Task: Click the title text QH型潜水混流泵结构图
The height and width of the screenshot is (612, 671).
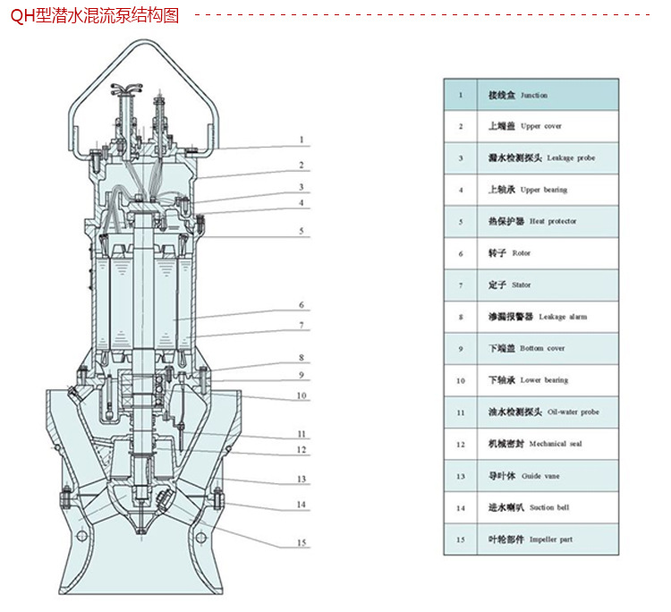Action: click(97, 16)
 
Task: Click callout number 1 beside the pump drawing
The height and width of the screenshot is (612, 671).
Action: click(302, 140)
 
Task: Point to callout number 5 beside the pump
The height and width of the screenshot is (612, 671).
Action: click(302, 231)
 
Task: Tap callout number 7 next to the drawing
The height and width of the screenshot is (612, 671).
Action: click(302, 326)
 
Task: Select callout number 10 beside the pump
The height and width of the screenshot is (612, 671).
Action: click(302, 395)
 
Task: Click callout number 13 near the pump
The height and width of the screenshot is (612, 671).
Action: click(302, 480)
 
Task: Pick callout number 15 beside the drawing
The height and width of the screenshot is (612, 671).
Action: click(302, 543)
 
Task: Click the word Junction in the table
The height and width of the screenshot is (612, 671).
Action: click(533, 95)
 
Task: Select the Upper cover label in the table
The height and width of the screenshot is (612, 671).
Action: click(540, 126)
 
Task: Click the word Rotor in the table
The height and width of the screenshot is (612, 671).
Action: click(521, 253)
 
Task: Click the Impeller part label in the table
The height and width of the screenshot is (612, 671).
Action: click(549, 540)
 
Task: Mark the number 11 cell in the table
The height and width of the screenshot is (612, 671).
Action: click(461, 412)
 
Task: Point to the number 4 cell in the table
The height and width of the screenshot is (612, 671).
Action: click(461, 190)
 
